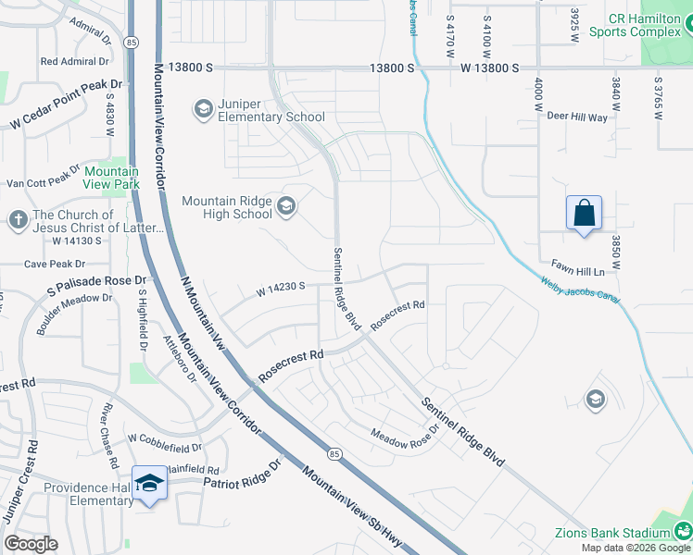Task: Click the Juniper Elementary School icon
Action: point(203,110)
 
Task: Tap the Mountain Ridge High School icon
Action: point(286,205)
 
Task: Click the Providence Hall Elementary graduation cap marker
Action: point(150,484)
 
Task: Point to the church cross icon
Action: point(18,220)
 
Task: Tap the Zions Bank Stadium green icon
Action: point(682,531)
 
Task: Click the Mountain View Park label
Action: point(111,178)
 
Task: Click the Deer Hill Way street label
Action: point(576,117)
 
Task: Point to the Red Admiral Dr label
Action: point(74,62)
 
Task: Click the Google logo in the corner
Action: point(31,543)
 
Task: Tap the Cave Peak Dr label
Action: point(59,264)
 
